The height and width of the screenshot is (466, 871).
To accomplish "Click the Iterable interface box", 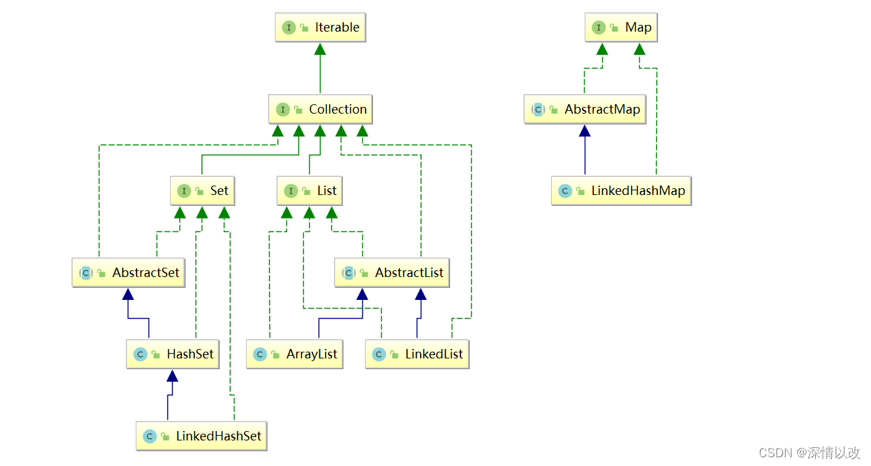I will point(320,28).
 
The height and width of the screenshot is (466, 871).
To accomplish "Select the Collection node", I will point(320,110).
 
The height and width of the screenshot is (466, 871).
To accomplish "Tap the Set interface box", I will point(202,191).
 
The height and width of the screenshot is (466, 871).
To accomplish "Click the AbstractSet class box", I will point(128,273).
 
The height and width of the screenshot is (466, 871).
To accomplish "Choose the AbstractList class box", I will point(391,273).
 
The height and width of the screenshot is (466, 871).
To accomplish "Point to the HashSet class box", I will point(173,354).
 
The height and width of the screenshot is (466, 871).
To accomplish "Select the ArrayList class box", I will point(294,354).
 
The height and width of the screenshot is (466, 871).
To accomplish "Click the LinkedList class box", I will point(417,354).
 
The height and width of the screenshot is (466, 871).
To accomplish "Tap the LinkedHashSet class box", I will point(201,436).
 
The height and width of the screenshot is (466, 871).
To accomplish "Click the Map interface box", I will point(620,28).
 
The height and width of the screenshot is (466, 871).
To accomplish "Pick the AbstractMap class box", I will point(585,110).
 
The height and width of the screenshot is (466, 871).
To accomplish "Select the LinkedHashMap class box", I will point(621,191).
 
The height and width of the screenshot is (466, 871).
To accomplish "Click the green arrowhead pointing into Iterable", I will point(320,48).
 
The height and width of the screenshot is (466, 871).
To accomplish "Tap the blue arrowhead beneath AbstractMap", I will point(585,130).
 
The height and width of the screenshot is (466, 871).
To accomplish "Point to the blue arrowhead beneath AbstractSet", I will point(128,294).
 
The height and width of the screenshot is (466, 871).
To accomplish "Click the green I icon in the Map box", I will point(598,28).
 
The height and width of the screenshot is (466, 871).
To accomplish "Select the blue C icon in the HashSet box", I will point(140,354).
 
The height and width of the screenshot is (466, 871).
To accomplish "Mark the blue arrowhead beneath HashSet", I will point(173,375).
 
